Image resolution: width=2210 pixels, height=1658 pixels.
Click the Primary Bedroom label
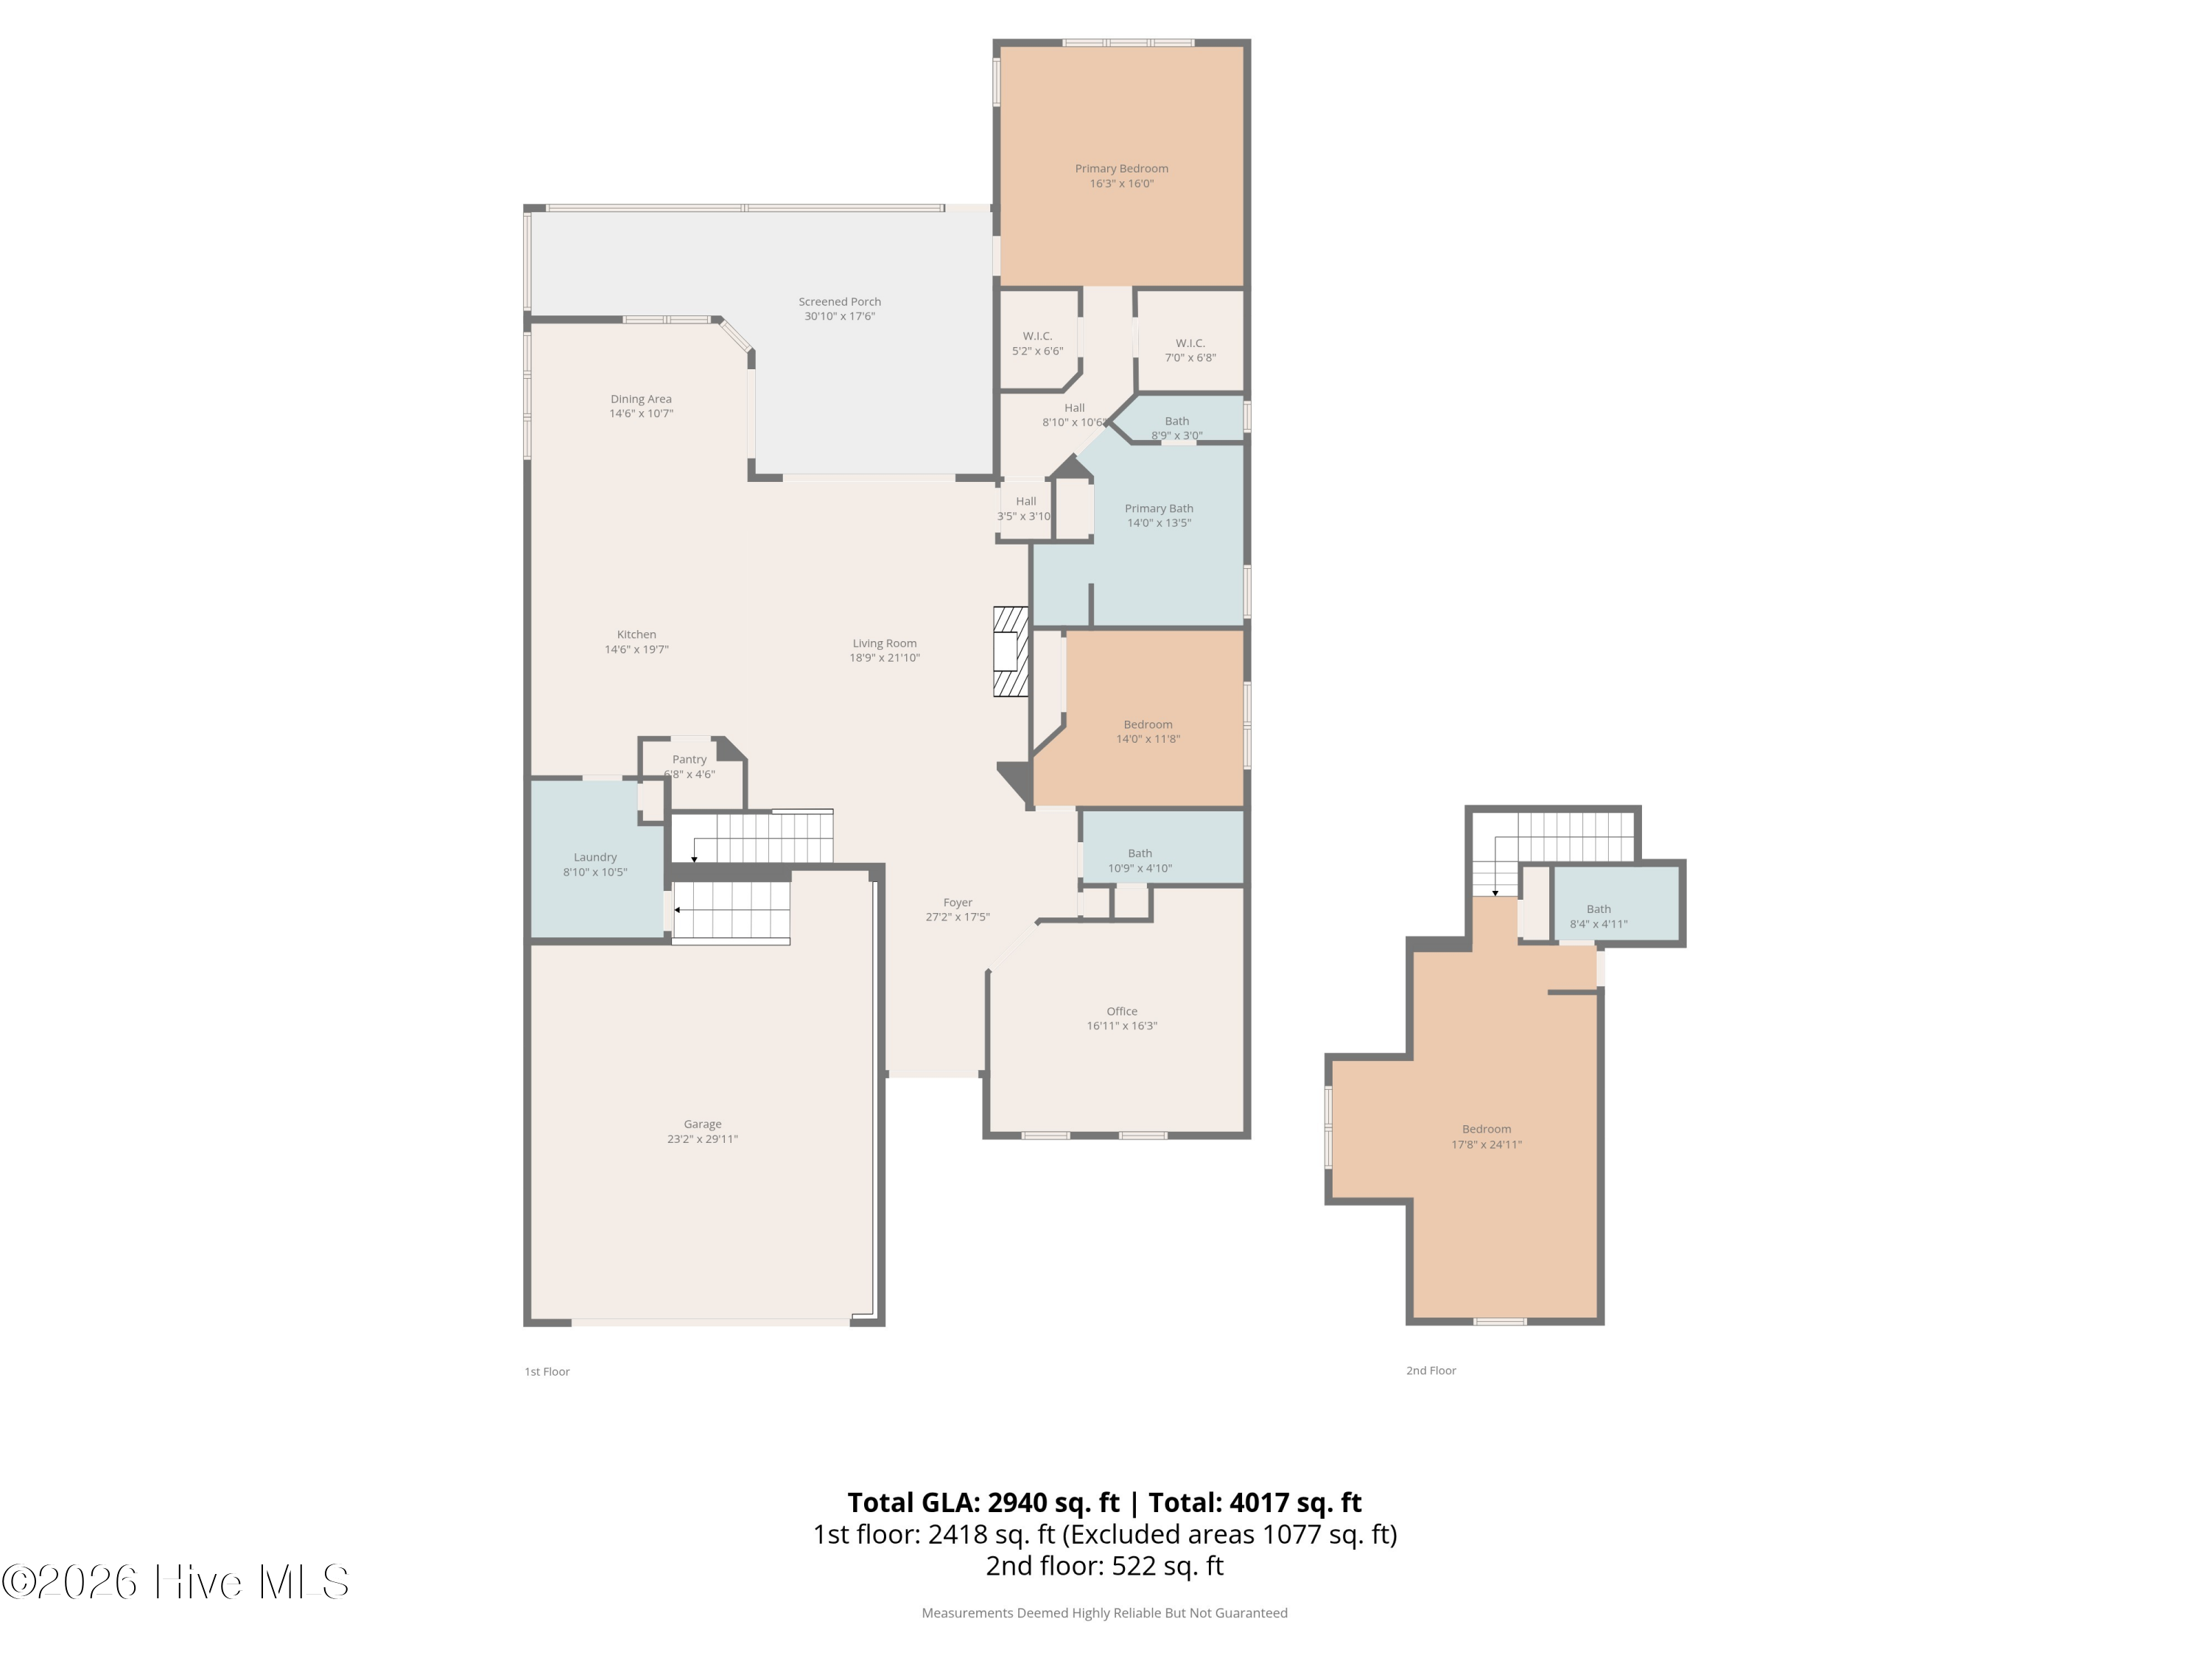(x=1121, y=169)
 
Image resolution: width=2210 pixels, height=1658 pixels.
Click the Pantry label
(x=690, y=760)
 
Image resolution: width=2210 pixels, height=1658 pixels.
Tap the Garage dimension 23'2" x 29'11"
(x=702, y=1139)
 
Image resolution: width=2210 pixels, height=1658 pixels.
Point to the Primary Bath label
(x=1159, y=508)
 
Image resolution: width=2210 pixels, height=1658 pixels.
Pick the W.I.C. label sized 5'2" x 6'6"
(x=1037, y=337)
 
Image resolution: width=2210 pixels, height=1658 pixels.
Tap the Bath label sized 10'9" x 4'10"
(x=1140, y=853)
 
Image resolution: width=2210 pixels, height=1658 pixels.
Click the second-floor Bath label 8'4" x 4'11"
(x=1599, y=909)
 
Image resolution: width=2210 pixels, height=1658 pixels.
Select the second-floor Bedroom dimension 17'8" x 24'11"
(x=1487, y=1145)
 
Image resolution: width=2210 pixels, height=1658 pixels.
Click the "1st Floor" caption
(x=547, y=1371)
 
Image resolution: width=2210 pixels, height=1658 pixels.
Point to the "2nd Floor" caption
(x=1431, y=1370)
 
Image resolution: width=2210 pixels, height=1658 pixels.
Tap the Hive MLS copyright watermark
(x=176, y=1582)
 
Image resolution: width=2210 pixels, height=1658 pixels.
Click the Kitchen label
(x=636, y=634)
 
